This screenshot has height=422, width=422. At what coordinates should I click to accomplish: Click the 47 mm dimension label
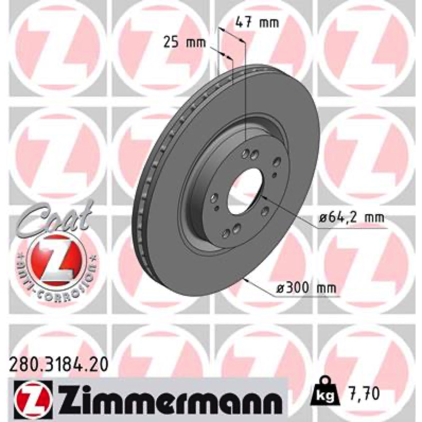point(257,22)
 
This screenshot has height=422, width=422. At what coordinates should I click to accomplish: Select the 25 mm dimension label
point(184,43)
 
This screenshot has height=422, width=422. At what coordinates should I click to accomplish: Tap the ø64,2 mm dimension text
point(352,217)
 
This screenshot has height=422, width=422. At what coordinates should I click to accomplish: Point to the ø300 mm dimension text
point(307,288)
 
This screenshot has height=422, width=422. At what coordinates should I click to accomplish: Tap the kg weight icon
point(324,391)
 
